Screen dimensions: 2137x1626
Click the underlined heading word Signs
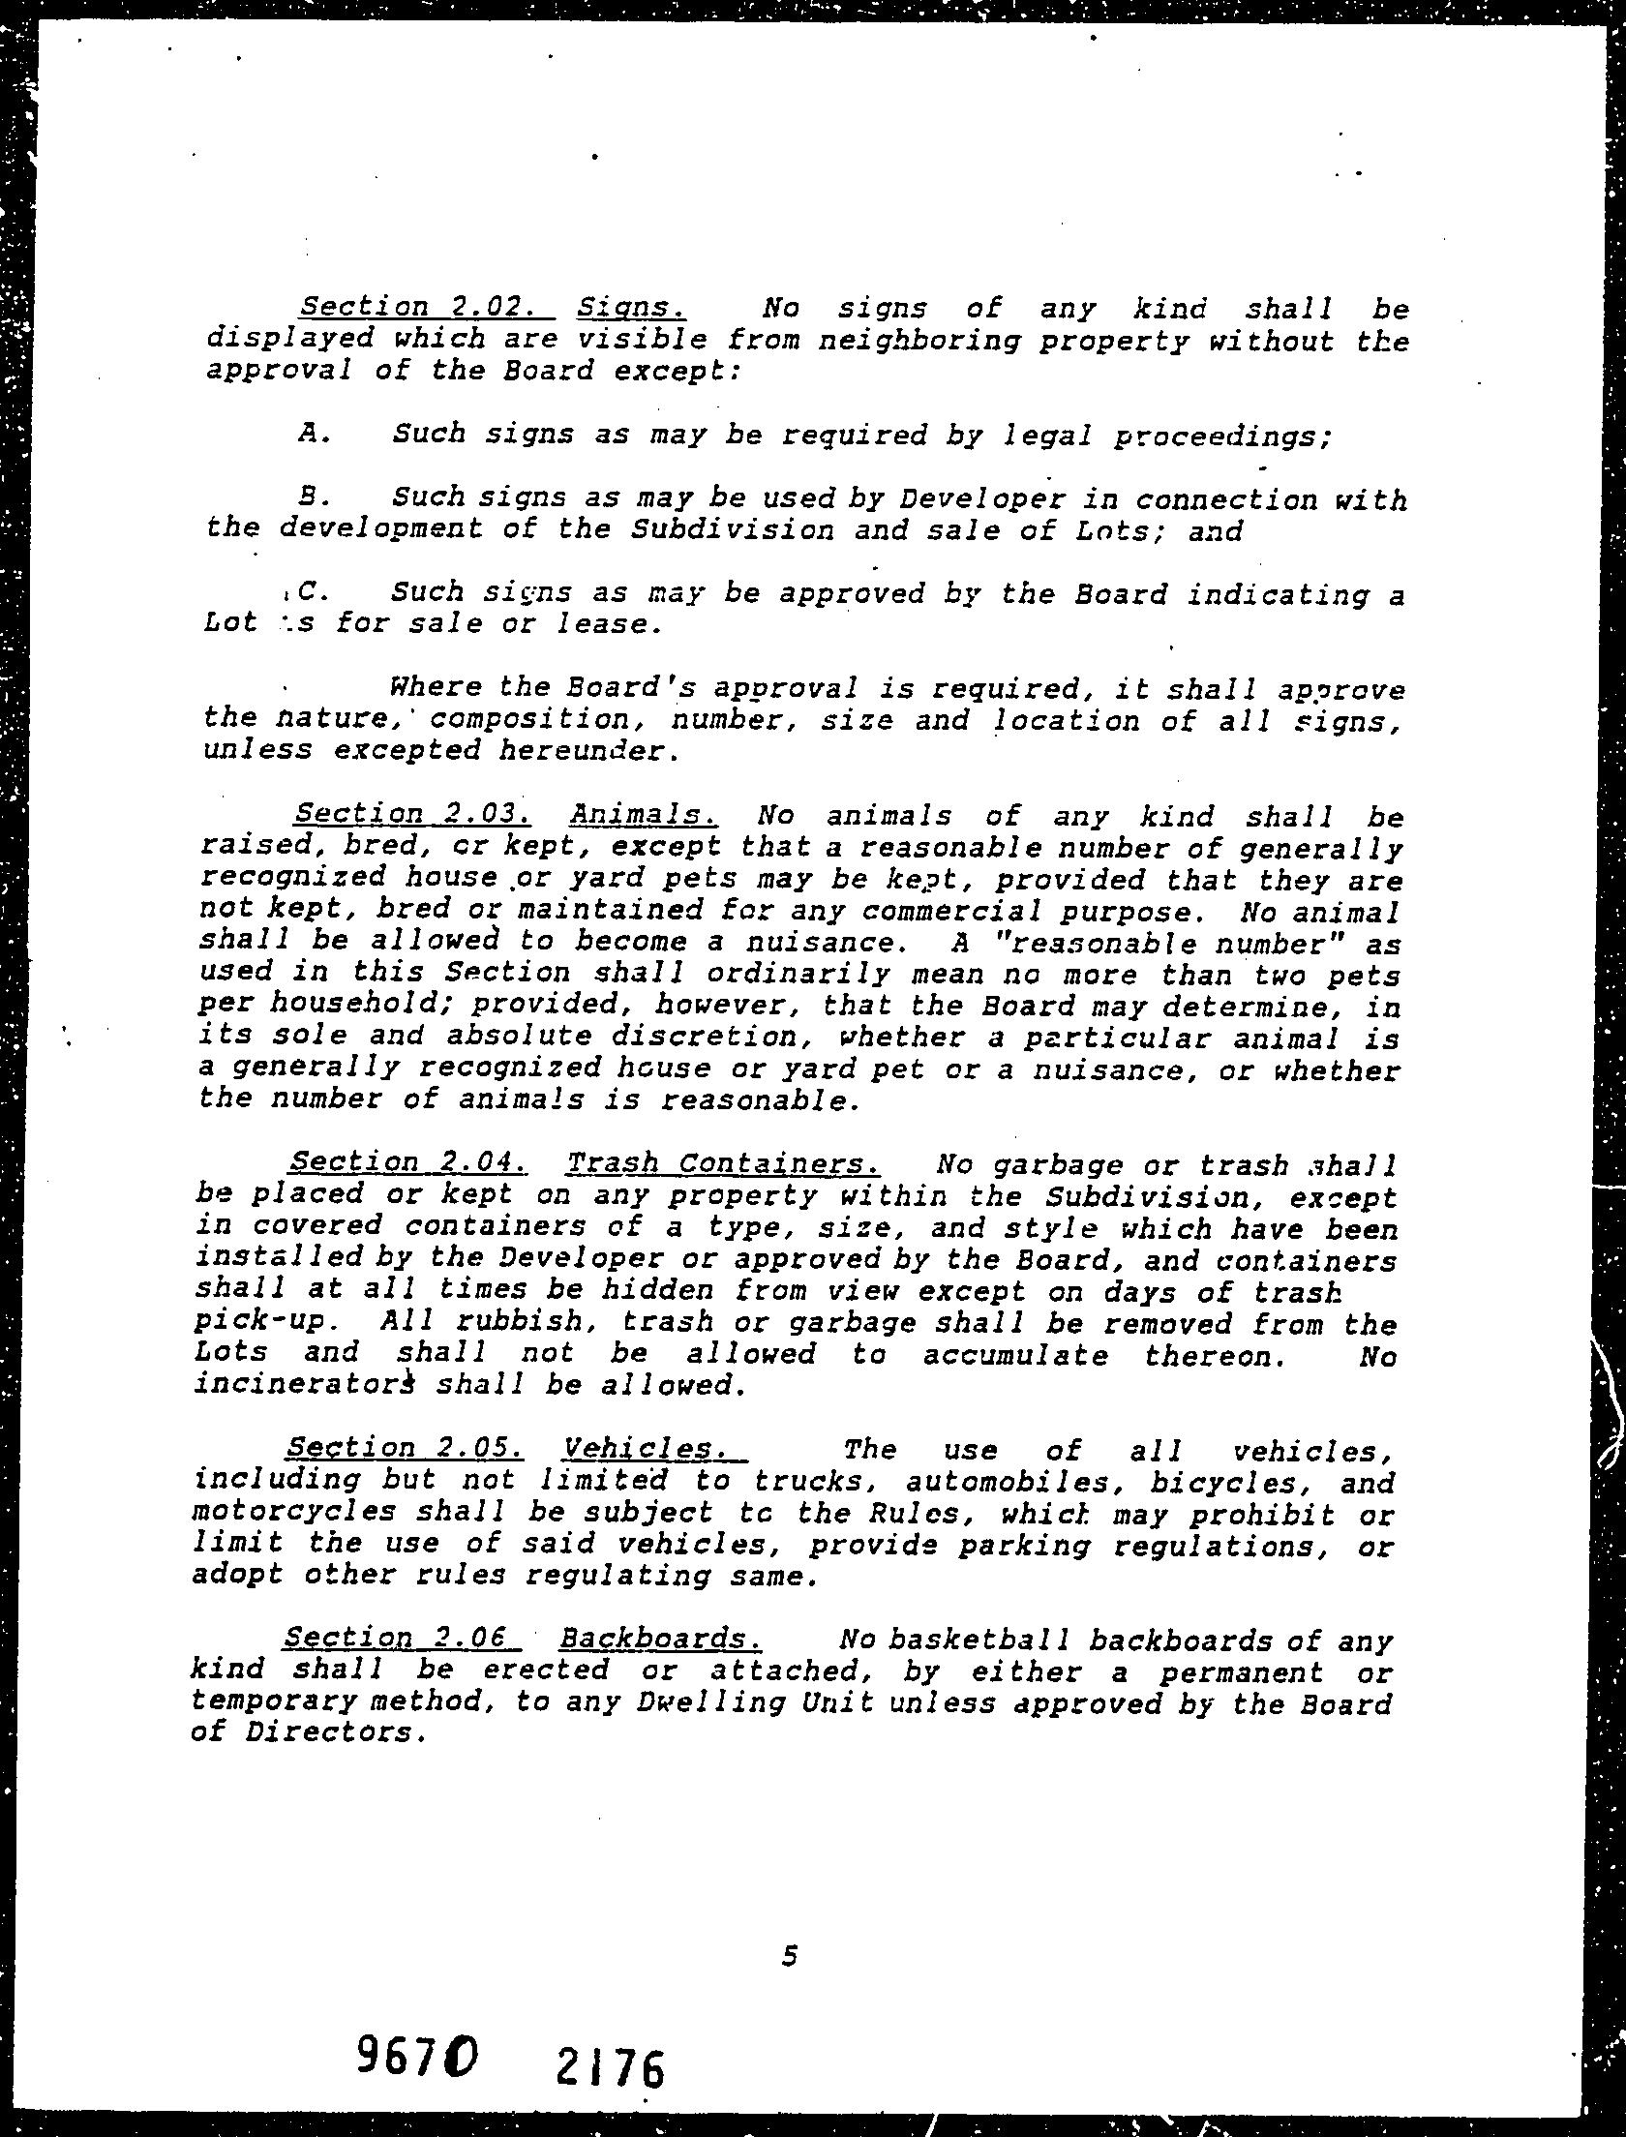pyautogui.click(x=632, y=308)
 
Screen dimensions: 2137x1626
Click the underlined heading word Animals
pyautogui.click(x=643, y=815)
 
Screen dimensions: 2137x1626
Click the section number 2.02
pyautogui.click(x=495, y=307)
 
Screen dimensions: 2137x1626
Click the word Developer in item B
pyautogui.click(x=982, y=499)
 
